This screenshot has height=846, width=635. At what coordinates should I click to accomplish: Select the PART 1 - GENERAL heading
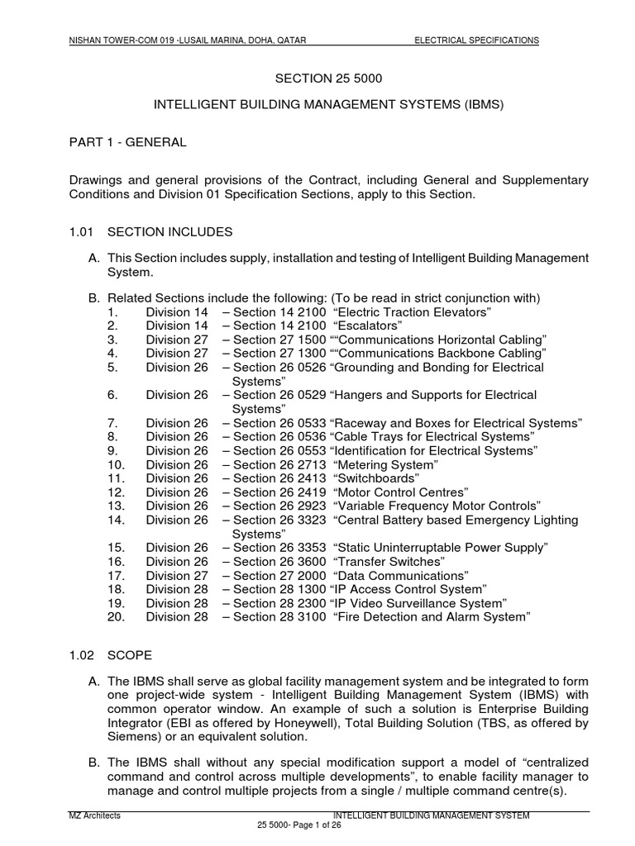[x=127, y=142]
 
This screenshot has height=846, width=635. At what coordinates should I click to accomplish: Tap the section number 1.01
[x=81, y=231]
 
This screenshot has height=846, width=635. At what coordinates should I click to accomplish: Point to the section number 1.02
[x=81, y=655]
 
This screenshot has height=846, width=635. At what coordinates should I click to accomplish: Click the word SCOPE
[x=129, y=655]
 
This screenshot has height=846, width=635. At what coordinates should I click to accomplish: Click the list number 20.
[x=115, y=616]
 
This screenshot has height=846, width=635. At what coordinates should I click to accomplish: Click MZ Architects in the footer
[x=94, y=815]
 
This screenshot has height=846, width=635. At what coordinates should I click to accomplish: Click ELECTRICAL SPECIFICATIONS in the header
[x=476, y=40]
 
